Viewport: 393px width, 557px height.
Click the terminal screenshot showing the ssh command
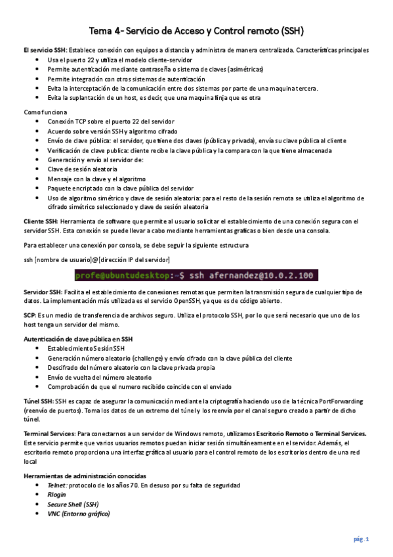(x=196, y=275)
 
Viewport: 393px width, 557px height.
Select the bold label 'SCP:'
(x=30, y=315)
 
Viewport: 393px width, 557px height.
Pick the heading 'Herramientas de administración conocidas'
(x=85, y=476)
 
